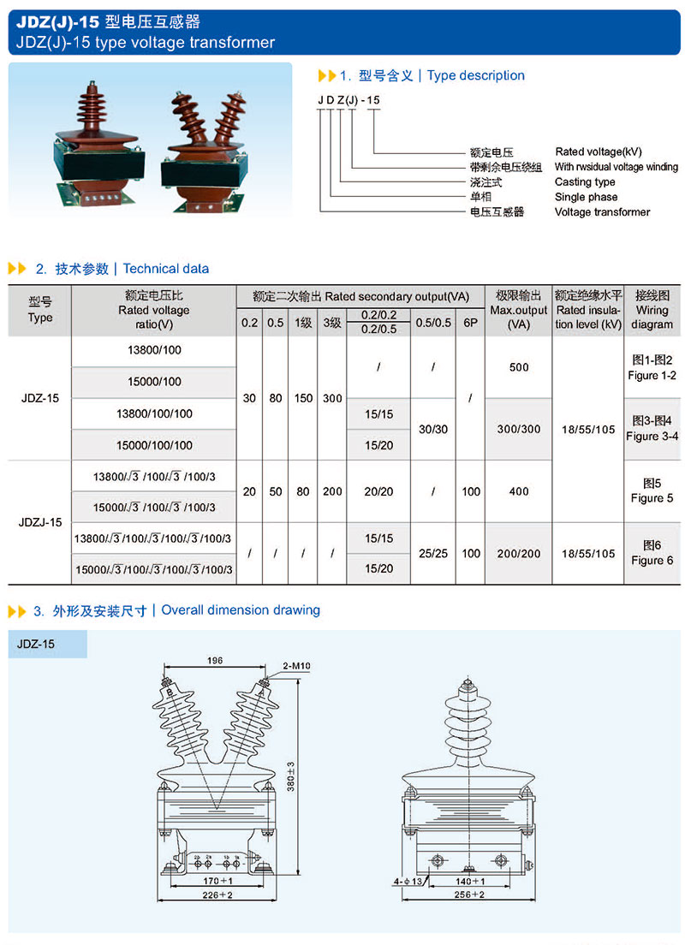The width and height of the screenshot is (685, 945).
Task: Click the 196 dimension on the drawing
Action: [x=214, y=660]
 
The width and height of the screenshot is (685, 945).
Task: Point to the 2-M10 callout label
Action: [x=295, y=664]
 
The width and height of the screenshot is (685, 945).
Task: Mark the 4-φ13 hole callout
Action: [x=408, y=881]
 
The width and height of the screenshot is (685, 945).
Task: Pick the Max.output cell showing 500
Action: [x=519, y=367]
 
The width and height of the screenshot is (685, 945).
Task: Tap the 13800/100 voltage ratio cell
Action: [x=154, y=350]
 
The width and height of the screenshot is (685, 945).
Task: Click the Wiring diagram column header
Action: [x=652, y=310]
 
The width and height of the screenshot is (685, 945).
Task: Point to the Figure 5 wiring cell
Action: [x=652, y=490]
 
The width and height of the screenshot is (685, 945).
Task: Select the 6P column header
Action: [x=470, y=323]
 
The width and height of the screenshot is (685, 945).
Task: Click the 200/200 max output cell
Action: [x=519, y=554]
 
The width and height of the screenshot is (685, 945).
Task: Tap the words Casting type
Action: [x=585, y=182]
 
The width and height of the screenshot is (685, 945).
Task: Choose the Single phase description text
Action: [x=586, y=197]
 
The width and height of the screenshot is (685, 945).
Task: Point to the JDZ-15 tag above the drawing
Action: [x=36, y=644]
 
